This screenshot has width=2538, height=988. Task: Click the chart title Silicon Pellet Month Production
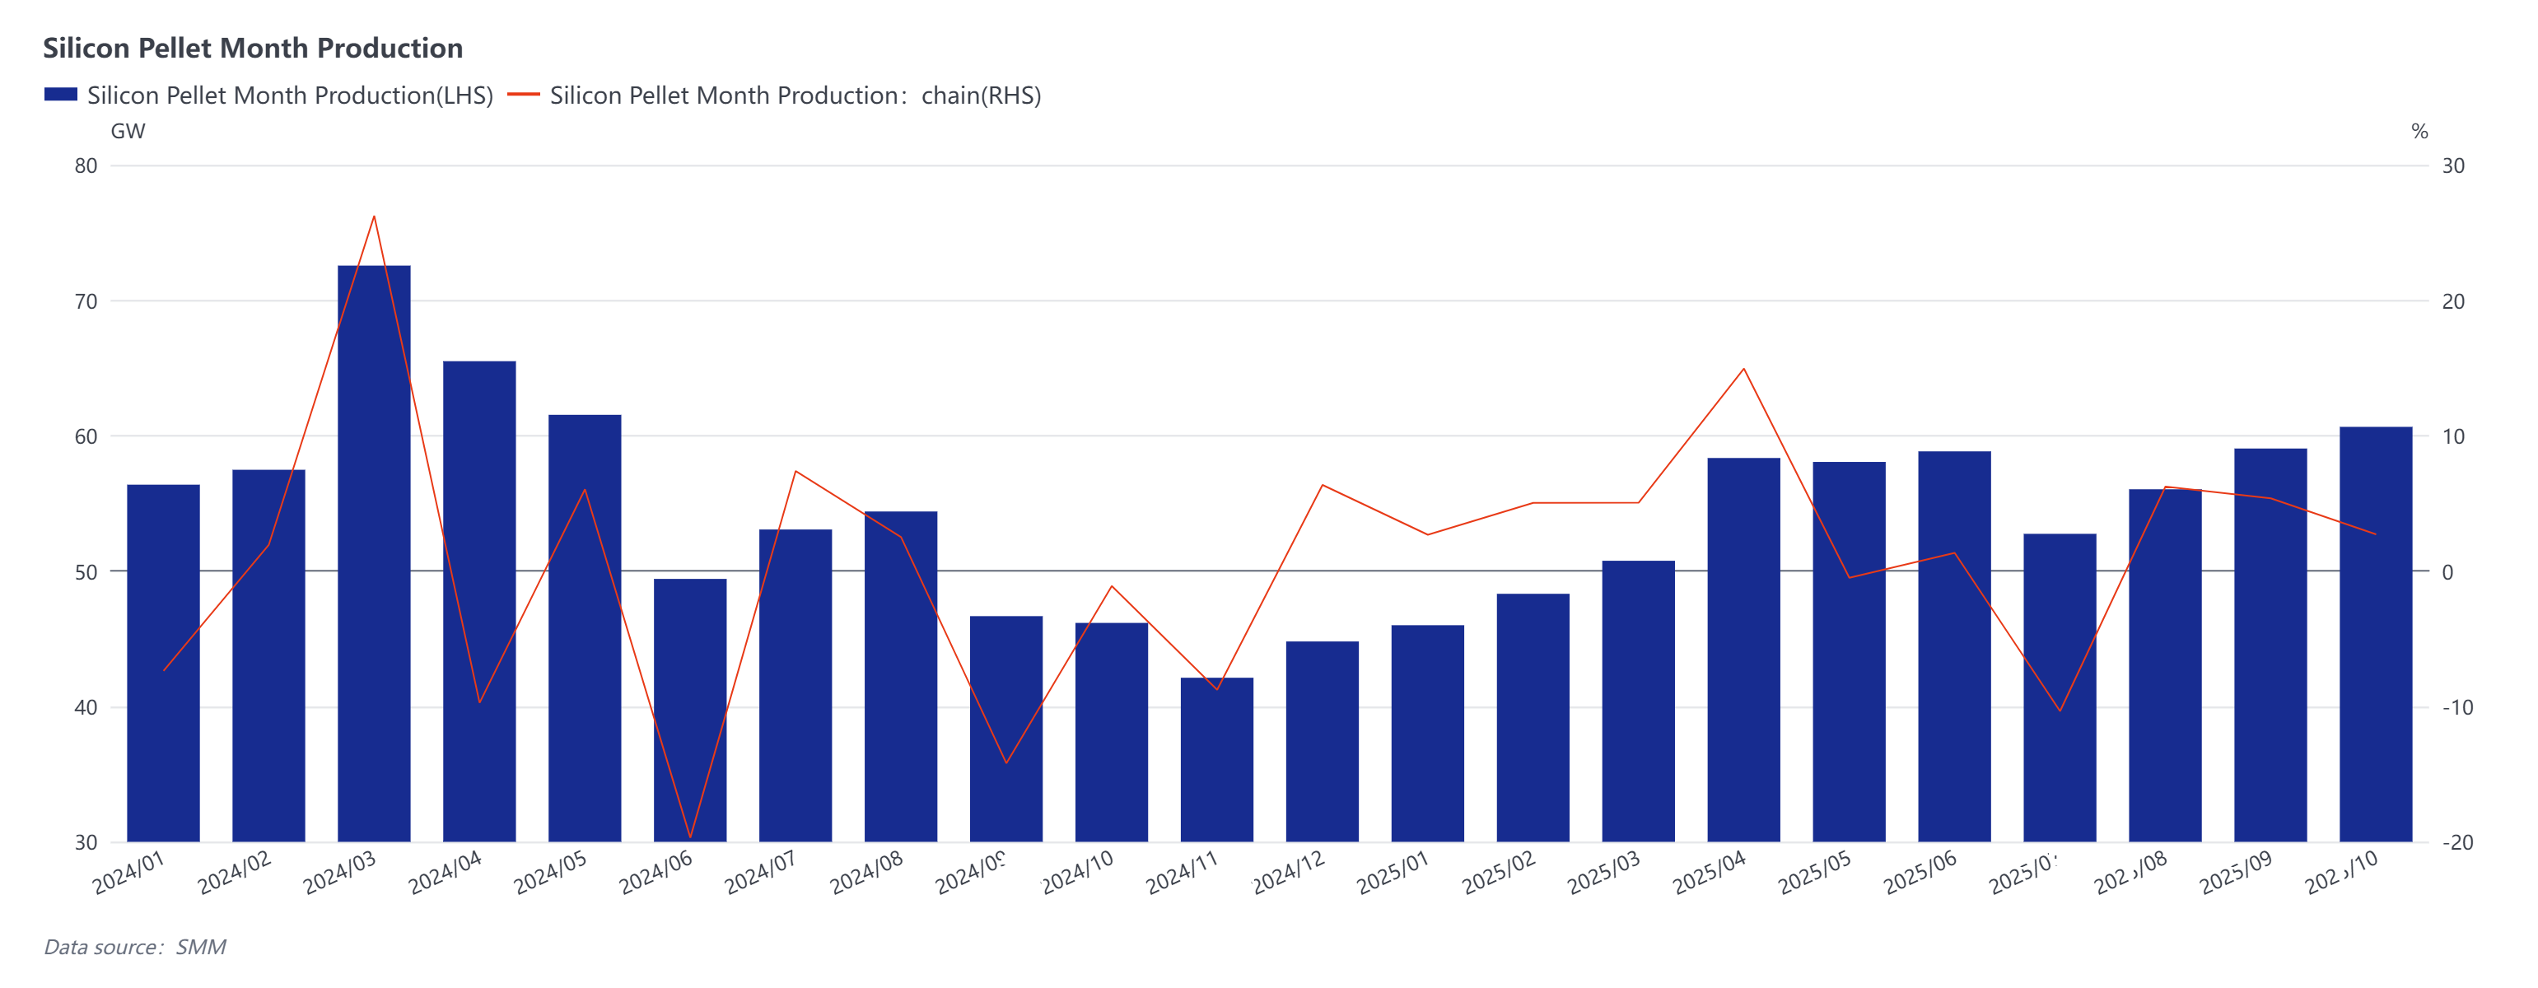coord(252,49)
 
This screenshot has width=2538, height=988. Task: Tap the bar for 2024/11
coord(1217,758)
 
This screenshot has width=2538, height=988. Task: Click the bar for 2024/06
coord(690,709)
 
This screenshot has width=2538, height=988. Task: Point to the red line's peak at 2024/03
coord(373,217)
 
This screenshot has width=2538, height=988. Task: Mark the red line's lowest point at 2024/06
coord(690,837)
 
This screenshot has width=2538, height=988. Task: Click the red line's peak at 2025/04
coord(1744,370)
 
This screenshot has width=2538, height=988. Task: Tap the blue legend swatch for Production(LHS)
coord(60,95)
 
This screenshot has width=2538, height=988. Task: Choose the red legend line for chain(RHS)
coord(523,95)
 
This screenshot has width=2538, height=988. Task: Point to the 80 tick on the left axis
coord(86,166)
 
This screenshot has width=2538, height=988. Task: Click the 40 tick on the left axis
coord(86,707)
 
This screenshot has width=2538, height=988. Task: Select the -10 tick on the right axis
coord(2457,707)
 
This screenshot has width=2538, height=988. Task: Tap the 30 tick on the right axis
coord(2453,166)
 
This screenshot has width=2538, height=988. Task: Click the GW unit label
coord(128,131)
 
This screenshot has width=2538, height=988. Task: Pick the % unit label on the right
coord(2419,131)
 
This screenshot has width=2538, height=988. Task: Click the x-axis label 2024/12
coord(1289,873)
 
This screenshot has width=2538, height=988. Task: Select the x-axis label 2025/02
coord(1499,873)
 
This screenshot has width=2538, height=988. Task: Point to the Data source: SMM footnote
coord(135,947)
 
